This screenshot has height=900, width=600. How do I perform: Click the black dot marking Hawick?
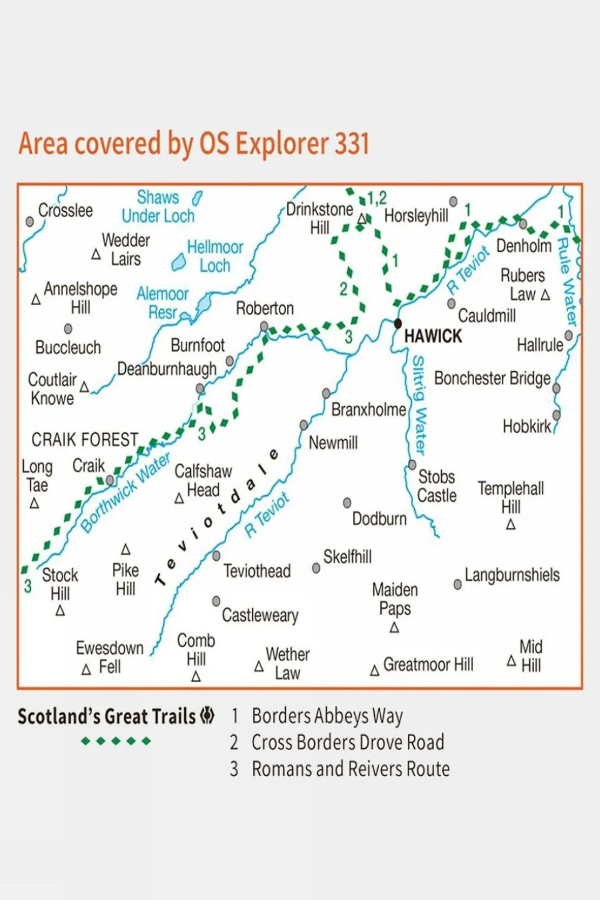(397, 323)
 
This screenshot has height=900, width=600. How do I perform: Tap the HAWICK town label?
(433, 336)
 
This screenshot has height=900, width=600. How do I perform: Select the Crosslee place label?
(65, 211)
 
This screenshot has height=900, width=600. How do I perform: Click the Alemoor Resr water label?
(163, 303)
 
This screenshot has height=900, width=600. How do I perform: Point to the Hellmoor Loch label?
(215, 256)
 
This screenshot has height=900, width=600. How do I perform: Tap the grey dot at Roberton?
(264, 326)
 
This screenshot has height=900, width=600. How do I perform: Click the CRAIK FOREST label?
(84, 440)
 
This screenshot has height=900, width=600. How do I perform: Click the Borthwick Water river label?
(125, 493)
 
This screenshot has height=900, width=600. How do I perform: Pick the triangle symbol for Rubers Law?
(545, 295)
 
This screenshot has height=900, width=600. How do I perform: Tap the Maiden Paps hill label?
(395, 599)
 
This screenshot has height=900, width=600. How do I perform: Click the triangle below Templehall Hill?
(511, 525)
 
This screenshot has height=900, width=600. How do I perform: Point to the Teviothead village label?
(257, 571)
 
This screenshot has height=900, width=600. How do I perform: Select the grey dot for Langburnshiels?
(458, 584)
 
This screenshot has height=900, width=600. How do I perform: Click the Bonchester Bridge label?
(492, 378)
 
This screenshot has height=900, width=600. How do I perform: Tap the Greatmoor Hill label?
(428, 664)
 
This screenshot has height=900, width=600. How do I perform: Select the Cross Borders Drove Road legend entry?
(347, 742)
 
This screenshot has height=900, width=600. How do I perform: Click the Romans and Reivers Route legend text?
(350, 769)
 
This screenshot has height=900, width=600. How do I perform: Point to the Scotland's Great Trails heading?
(107, 716)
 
